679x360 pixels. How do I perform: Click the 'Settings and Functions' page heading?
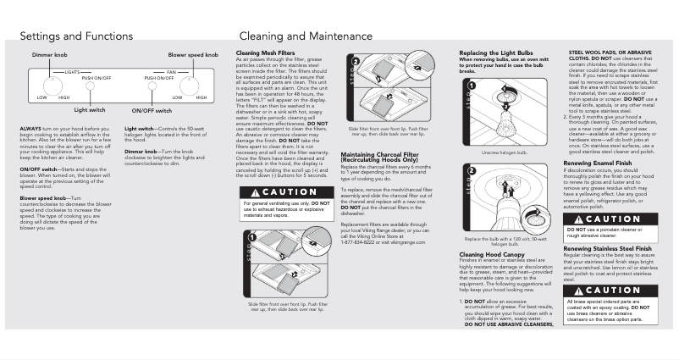[76, 36]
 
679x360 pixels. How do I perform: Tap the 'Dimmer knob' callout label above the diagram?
[50, 54]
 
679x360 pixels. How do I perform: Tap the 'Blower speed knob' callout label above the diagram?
[194, 54]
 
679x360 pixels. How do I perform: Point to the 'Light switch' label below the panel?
[90, 109]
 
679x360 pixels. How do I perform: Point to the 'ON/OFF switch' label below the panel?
[153, 111]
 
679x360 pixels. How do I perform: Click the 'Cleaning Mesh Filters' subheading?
[265, 52]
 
